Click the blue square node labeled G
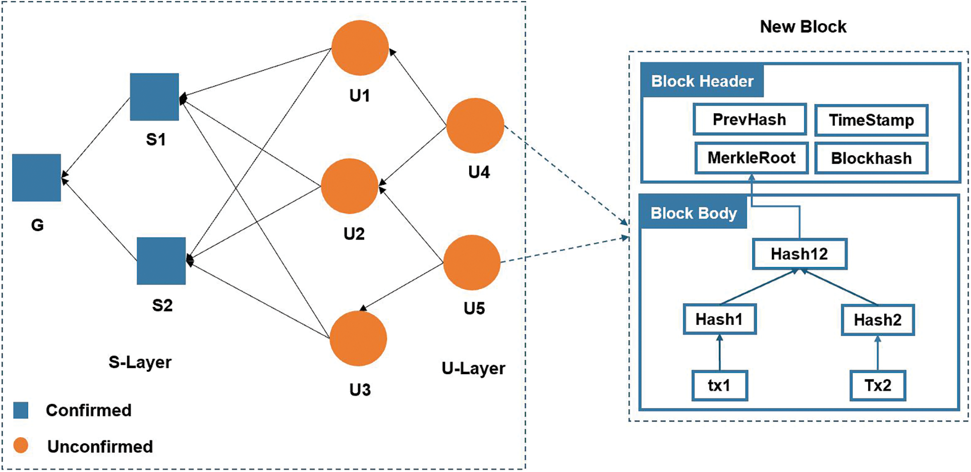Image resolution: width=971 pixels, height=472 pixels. (x=36, y=178)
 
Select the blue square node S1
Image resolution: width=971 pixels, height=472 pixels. (x=154, y=97)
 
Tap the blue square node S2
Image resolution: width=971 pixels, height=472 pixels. (x=161, y=261)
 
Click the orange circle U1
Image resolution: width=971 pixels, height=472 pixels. (x=360, y=48)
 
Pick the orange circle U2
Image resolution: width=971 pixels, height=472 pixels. (x=350, y=186)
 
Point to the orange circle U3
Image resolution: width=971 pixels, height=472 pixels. (x=358, y=339)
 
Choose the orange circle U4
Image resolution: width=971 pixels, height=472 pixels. (x=475, y=125)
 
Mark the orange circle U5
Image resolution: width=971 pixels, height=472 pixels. (x=472, y=262)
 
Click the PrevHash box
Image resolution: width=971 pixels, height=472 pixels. (x=750, y=119)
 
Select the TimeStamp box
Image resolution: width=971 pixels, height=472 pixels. (x=871, y=120)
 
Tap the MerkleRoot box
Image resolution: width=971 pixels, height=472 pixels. (x=751, y=158)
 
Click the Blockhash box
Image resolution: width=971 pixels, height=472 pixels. (x=871, y=158)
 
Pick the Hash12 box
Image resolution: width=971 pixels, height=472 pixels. (x=799, y=254)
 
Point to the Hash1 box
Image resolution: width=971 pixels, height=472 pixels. (x=719, y=319)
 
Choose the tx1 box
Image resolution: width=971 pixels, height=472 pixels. (x=719, y=385)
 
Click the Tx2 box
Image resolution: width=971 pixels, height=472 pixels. (x=878, y=385)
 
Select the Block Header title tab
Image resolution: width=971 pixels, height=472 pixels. (x=702, y=81)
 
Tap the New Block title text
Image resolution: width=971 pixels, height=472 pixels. (x=803, y=27)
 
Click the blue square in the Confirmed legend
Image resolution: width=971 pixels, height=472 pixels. (x=21, y=410)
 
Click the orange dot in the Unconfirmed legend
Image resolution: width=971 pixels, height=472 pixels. (x=21, y=445)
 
